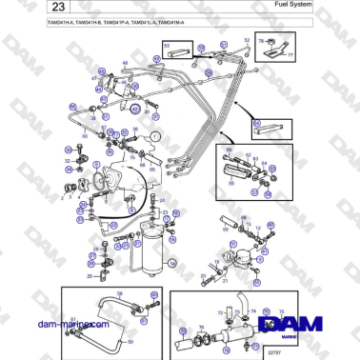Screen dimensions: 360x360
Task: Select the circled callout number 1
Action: pos(157,136)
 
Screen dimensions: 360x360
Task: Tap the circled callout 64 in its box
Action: pos(255,124)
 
